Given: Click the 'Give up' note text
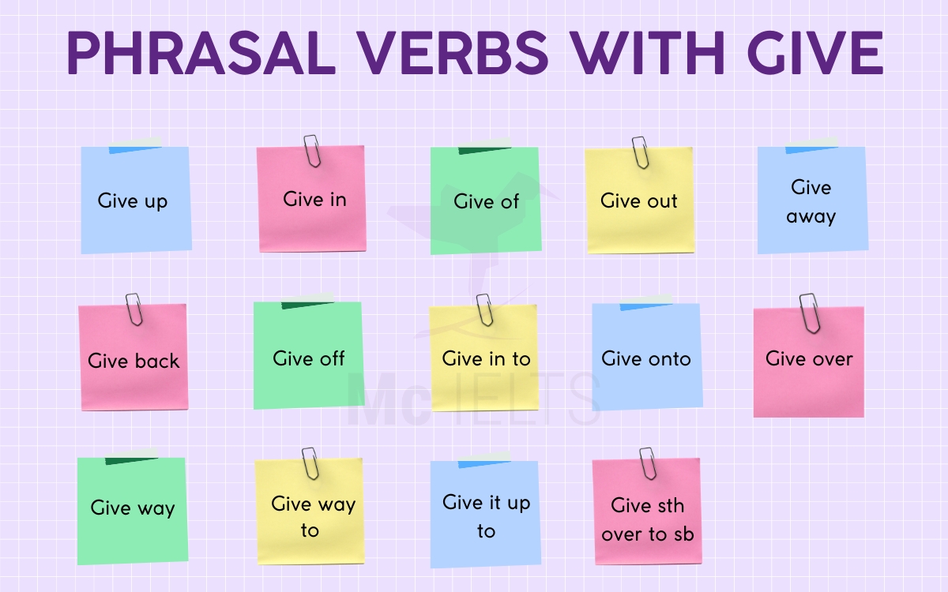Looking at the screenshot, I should coord(133,200).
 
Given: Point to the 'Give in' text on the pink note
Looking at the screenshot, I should coord(314,199).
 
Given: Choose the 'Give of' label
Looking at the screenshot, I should coord(486,201).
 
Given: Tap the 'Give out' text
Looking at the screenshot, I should coord(638,200).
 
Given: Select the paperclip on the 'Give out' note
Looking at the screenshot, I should coord(640,152).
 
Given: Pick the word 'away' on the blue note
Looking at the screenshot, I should coord(811,215).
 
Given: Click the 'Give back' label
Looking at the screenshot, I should coord(134,361).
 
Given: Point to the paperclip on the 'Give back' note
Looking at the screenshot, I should coord(134,309).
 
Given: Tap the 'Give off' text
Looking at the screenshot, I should coord(309,358).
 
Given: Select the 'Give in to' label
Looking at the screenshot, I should coord(486,358).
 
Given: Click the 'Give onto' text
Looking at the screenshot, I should coord(645,358).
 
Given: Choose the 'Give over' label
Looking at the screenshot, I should coord(809,358).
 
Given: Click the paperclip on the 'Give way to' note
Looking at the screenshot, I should coord(310,463).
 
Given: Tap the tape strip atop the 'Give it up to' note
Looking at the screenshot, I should coord(483,461).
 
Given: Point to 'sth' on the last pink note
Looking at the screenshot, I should coord(670,505).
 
